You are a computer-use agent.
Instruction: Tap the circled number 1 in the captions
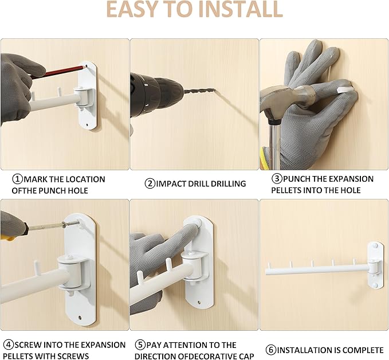[17, 179]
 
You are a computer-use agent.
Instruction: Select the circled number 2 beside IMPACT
[150, 183]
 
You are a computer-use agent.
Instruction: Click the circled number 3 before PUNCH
[277, 178]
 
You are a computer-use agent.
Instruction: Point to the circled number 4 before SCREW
[9, 345]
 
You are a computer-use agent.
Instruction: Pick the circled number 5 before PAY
[140, 345]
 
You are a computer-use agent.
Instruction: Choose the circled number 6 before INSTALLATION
[271, 350]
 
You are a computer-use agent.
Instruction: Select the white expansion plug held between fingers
[346, 89]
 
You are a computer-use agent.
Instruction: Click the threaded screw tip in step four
[72, 224]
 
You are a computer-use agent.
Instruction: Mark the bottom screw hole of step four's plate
[80, 318]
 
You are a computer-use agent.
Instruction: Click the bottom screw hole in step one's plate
[87, 125]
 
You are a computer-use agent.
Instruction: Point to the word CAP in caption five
[246, 356]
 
